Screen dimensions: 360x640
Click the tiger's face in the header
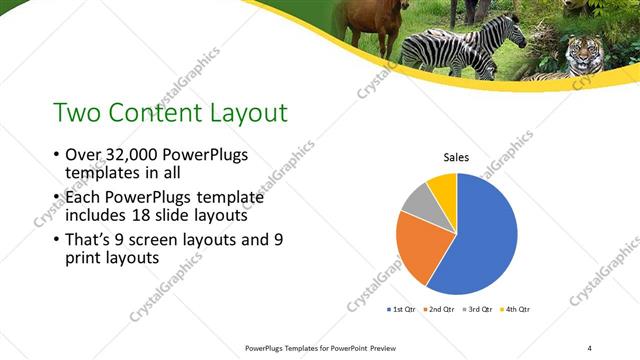580,53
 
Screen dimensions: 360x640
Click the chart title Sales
457,157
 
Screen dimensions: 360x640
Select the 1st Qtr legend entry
402,310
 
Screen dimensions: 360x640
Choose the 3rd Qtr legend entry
476,310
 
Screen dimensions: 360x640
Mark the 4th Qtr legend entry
513,310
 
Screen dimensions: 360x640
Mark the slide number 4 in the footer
589,347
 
